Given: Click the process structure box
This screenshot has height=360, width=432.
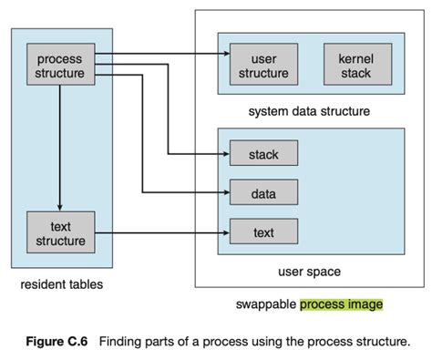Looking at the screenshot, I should click(59, 66).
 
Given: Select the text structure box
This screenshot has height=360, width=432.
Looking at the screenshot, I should click(59, 234).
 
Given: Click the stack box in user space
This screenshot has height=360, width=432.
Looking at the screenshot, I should click(263, 155).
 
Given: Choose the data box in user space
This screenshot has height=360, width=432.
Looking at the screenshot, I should click(263, 194).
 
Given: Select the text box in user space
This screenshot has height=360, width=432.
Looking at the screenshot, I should click(263, 234).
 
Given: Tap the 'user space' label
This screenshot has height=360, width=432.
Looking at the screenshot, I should click(309, 272).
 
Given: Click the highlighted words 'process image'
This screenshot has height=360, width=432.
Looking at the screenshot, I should click(342, 304).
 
